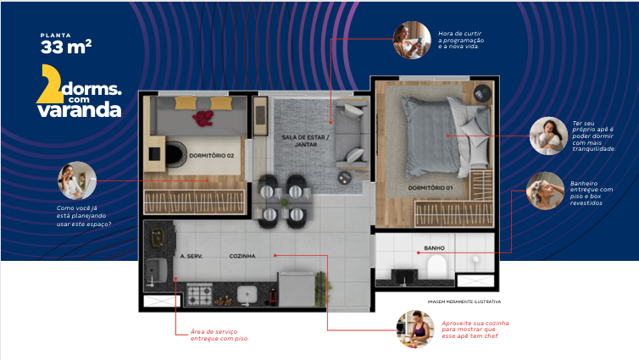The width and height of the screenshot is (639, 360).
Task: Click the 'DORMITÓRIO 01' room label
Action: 431,186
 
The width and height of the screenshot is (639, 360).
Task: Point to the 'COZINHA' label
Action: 242,255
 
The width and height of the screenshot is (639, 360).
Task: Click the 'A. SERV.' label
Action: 189,255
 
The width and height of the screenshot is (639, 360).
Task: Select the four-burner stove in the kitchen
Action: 200,296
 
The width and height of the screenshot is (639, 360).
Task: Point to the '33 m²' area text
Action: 65,47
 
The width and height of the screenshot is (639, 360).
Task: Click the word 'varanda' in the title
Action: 84,109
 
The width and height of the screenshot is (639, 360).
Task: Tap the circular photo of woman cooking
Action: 415,328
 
